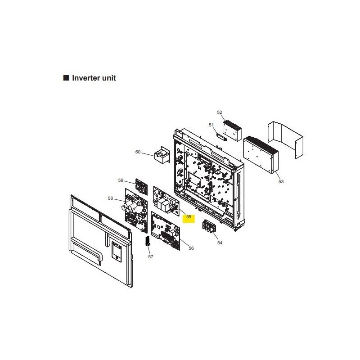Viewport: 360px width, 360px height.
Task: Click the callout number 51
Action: click(x=211, y=125)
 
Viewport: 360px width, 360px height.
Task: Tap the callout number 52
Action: click(x=220, y=112)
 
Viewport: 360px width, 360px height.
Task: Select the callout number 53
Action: click(x=281, y=182)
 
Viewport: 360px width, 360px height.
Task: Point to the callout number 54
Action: click(x=220, y=243)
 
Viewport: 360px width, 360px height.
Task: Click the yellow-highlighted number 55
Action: click(x=189, y=217)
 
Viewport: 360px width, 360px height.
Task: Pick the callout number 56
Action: click(x=191, y=248)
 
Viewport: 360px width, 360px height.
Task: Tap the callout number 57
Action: click(x=151, y=256)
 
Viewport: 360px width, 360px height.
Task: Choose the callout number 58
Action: click(x=110, y=198)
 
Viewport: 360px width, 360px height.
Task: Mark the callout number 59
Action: click(x=121, y=180)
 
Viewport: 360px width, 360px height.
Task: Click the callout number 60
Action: click(x=138, y=152)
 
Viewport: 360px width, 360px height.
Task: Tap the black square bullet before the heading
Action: click(x=66, y=77)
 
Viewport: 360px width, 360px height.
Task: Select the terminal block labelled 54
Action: click(x=209, y=227)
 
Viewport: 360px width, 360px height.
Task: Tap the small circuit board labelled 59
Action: click(x=141, y=187)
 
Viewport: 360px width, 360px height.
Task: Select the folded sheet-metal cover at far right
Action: click(x=285, y=140)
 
